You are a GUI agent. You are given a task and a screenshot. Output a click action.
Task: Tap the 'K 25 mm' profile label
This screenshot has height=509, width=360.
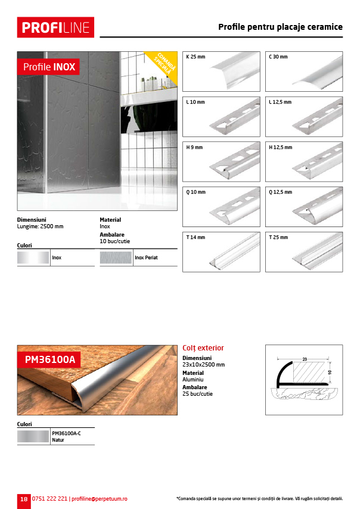point(195,57)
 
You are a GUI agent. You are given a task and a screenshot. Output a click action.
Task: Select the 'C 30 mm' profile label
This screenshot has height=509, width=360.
point(278,57)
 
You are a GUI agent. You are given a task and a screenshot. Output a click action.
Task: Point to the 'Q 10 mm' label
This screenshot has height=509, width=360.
point(195,193)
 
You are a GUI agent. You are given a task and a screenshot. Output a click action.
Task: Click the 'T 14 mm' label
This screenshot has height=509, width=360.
point(195,237)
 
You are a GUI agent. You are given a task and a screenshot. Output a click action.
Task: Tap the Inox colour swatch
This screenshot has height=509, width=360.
point(33,258)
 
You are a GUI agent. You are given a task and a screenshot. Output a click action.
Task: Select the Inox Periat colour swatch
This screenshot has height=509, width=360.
point(116,258)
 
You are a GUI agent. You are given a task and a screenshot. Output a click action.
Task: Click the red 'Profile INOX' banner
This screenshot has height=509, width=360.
point(49,67)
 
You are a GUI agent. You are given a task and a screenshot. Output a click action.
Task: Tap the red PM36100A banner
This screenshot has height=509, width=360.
point(49,359)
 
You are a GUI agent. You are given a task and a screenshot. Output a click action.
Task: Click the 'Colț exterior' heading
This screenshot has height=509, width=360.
point(203,348)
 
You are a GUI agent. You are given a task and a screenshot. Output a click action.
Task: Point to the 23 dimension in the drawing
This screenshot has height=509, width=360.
point(303,359)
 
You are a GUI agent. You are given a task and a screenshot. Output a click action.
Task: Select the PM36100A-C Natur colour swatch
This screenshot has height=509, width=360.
point(34,436)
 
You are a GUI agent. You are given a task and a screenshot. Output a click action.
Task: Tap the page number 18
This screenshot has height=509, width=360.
point(23,499)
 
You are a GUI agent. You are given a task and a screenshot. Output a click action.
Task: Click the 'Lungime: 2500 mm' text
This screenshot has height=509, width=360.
point(40,226)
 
